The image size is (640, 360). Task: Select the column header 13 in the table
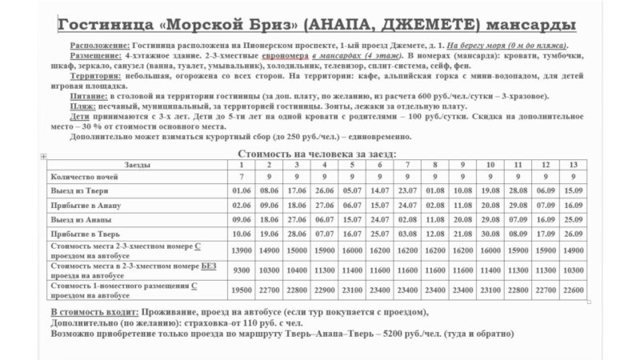pyautogui.click(x=573, y=164)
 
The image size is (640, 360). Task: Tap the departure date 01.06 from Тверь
pyautogui.click(x=241, y=190)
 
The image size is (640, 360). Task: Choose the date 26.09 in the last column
pyautogui.click(x=573, y=234)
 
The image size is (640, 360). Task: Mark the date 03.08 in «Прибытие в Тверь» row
pyautogui.click(x=406, y=234)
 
